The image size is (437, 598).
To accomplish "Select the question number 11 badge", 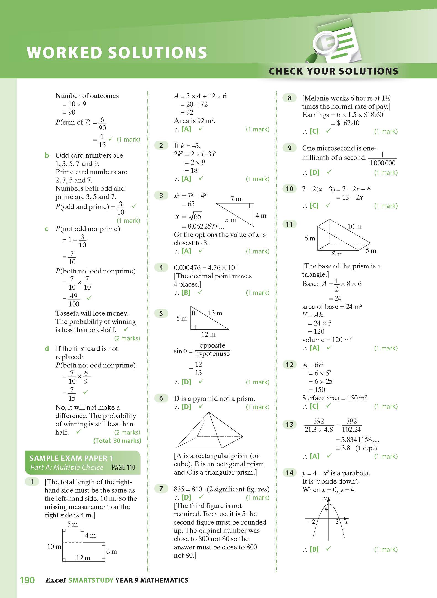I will pyautogui.click(x=289, y=224).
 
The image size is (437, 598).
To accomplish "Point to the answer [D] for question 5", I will pyautogui.click(x=186, y=382).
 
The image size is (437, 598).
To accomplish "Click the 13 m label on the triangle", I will pyautogui.click(x=215, y=313).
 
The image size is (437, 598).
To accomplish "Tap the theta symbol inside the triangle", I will pyautogui.click(x=194, y=313).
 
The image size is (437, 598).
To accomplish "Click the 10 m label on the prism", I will pyautogui.click(x=354, y=226).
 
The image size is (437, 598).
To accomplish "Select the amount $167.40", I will pyautogui.click(x=348, y=123).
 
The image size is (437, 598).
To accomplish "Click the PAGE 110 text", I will pyautogui.click(x=123, y=467).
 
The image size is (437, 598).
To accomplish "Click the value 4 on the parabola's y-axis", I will pyautogui.click(x=326, y=508).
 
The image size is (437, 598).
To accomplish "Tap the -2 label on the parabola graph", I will pyautogui.click(x=312, y=522).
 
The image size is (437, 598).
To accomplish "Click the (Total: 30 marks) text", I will pyautogui.click(x=117, y=441).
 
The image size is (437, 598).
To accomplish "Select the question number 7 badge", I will pyautogui.click(x=161, y=489).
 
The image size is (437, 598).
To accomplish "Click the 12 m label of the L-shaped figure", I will pyautogui.click(x=83, y=558).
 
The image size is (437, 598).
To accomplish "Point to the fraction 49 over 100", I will pyautogui.click(x=74, y=300).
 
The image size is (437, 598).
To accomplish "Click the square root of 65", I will pyautogui.click(x=195, y=216).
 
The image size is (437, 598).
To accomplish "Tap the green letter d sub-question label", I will pyautogui.click(x=47, y=348).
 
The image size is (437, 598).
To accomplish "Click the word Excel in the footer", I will pyautogui.click(x=55, y=580).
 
